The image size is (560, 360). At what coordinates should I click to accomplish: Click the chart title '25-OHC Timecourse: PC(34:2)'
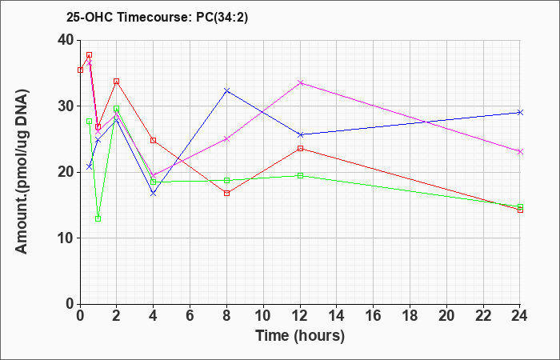[x=157, y=18]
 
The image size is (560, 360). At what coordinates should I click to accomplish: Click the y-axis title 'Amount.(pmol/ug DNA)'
[x=22, y=172]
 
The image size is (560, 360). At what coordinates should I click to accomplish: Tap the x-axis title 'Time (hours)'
[x=300, y=336]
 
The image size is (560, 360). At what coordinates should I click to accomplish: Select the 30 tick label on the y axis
[x=66, y=106]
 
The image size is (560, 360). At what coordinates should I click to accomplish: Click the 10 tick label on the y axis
[x=66, y=238]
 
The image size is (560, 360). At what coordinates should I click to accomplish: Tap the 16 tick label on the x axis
[x=373, y=316]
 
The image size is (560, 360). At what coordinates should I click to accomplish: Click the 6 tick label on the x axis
[x=190, y=316]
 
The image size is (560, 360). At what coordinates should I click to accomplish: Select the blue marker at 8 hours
[x=226, y=90]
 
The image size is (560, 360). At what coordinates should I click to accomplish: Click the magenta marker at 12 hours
[x=300, y=83]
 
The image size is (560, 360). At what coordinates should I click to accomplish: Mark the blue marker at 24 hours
[x=520, y=113]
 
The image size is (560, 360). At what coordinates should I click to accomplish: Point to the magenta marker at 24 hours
[x=520, y=152]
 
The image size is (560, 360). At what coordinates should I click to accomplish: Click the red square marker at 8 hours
[x=226, y=194]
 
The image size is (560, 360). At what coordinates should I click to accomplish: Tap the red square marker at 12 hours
[x=300, y=148]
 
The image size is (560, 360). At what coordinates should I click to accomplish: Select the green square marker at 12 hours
[x=300, y=175]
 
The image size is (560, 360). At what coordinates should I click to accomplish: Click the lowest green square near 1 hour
[x=98, y=218]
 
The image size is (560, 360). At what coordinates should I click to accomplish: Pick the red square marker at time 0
[x=80, y=70]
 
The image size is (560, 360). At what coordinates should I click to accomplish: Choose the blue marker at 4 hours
[x=154, y=194]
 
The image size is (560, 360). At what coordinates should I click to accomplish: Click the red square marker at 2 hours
[x=117, y=82]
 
